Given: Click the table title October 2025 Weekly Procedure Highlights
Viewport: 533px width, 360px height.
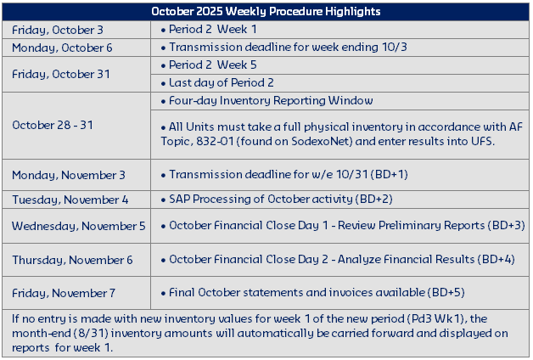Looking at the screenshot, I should tap(266, 11).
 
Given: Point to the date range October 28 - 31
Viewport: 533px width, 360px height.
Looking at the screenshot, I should tap(53, 125).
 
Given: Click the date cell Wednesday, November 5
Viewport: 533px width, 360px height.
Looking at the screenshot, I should tap(78, 226).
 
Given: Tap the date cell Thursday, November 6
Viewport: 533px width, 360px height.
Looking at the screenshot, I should tap(72, 260).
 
